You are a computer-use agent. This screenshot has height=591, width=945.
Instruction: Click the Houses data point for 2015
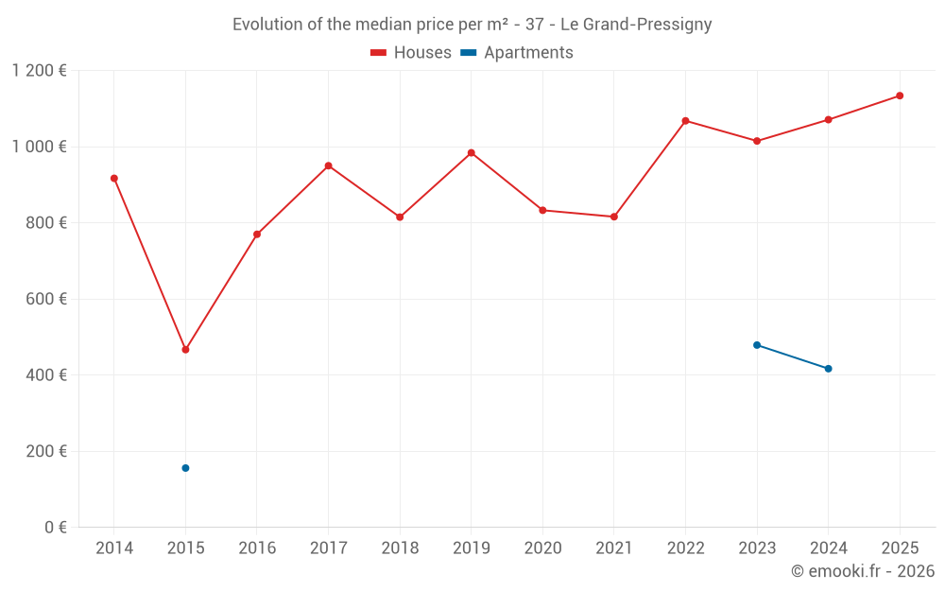tap(185, 350)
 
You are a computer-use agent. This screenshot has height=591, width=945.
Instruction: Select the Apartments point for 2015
tap(185, 468)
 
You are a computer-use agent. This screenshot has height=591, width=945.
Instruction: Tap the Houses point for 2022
tap(685, 121)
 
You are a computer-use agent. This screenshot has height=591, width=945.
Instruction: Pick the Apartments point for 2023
tap(757, 345)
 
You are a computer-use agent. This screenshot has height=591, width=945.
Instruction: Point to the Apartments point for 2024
tap(828, 369)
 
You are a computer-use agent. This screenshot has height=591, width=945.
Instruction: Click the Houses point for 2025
tap(900, 96)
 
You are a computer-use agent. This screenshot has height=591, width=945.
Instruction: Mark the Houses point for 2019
tap(472, 153)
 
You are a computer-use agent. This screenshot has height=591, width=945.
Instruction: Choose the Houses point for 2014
tap(114, 178)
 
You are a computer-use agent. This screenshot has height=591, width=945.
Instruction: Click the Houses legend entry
tap(411, 53)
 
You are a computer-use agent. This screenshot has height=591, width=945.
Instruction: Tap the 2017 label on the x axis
tap(328, 548)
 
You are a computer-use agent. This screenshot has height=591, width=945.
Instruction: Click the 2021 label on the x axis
tap(614, 548)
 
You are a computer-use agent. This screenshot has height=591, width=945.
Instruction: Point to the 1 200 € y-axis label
tap(40, 71)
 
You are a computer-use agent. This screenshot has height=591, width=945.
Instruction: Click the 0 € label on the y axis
tap(56, 528)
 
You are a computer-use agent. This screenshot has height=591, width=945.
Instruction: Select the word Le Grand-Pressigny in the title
tap(636, 25)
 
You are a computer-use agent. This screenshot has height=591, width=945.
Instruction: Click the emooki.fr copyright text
tap(862, 571)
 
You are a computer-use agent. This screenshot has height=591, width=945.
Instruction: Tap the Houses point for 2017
tap(328, 165)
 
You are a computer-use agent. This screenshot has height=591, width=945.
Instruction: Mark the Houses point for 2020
tap(542, 210)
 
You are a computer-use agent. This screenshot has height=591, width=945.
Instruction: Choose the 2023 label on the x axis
tap(757, 548)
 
